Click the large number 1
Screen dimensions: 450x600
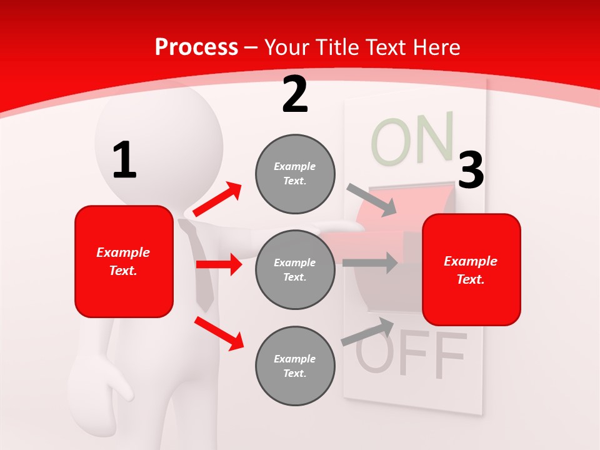tap(124, 160)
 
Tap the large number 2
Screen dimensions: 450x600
tap(295, 94)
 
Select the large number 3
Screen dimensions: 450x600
tap(471, 171)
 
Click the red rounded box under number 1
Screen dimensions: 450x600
tap(124, 261)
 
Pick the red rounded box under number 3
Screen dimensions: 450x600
tap(471, 269)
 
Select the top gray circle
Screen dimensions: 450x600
tap(295, 174)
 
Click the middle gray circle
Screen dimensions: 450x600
tap(295, 269)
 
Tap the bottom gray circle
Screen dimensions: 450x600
tap(295, 366)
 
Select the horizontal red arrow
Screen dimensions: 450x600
tap(219, 264)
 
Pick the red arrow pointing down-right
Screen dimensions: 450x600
tap(219, 333)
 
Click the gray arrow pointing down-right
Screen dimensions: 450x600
tap(372, 199)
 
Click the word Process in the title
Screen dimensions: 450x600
tap(196, 47)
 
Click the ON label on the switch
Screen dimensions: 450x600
tap(412, 139)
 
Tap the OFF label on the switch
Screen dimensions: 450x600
tap(411, 353)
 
